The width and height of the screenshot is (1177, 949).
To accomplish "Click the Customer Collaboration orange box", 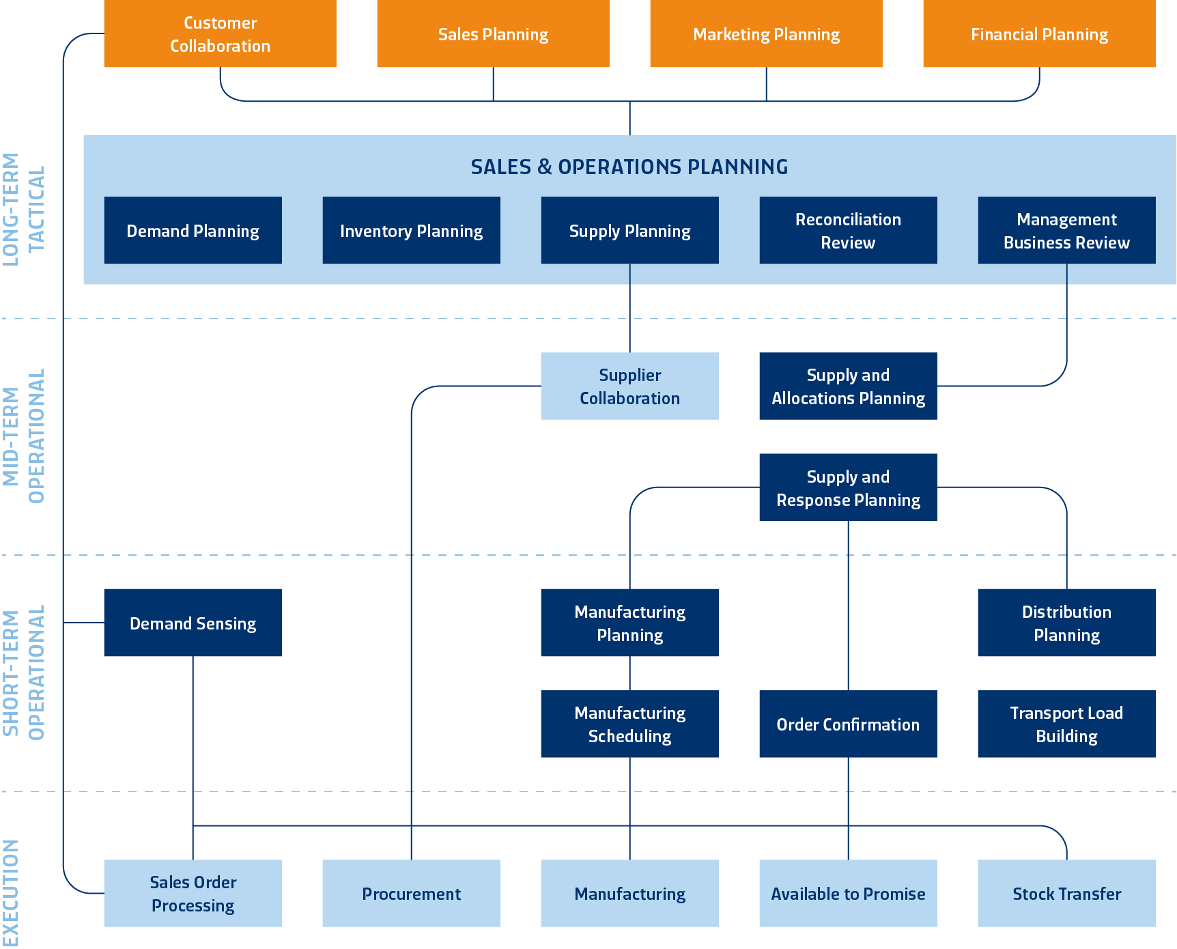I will (x=220, y=34).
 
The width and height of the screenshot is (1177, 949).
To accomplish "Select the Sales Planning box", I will (x=493, y=34).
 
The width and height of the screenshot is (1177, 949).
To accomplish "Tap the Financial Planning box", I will (x=1039, y=34).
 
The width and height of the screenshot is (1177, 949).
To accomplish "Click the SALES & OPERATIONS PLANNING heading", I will (x=629, y=167).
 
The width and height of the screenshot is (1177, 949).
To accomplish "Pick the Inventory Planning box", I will (x=411, y=231).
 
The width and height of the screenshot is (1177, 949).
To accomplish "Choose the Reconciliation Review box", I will (x=848, y=231).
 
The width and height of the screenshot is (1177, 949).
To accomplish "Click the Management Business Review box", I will (x=1066, y=231).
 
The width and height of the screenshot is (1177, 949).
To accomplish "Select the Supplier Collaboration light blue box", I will (x=629, y=386).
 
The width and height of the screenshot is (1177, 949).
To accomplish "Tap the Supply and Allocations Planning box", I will (x=848, y=386).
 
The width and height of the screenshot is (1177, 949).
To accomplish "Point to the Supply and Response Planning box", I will (x=848, y=487).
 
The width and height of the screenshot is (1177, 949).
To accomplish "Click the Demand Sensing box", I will (x=193, y=623).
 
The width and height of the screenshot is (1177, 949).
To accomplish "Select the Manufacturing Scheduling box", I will (x=629, y=724).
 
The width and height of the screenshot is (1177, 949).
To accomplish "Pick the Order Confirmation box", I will (x=848, y=724).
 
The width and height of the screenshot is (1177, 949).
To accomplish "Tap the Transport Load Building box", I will (x=1066, y=724).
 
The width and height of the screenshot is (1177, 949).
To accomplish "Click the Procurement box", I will (x=411, y=894).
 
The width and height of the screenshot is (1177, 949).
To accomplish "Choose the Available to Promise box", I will (x=848, y=894).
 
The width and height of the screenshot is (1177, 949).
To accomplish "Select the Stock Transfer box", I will (x=1066, y=894).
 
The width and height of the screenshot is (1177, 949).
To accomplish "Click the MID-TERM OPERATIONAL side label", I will (x=23, y=436).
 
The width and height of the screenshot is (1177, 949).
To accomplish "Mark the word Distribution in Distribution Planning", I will (x=1066, y=612).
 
